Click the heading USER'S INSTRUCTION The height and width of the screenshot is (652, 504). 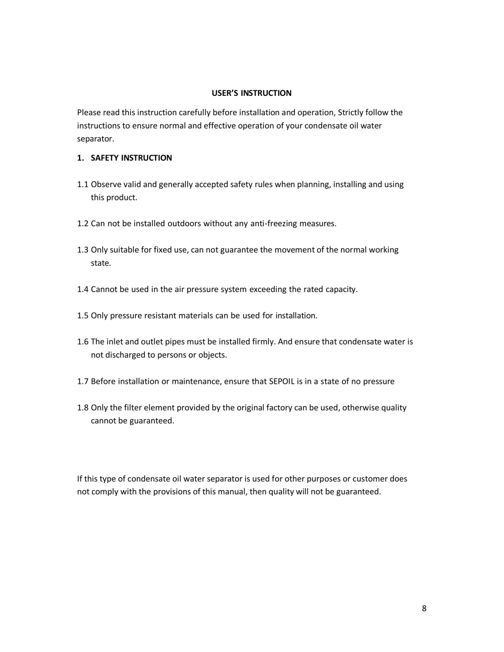tap(252, 93)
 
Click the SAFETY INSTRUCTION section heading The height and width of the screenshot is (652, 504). tap(131, 158)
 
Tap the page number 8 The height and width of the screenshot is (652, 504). tap(424, 608)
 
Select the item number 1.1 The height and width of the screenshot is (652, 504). tap(83, 184)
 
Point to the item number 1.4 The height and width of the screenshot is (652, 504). tap(83, 289)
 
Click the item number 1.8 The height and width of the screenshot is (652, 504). tap(83, 407)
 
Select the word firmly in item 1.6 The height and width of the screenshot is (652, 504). tap(263, 342)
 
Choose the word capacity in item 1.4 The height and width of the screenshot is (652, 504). tap(341, 289)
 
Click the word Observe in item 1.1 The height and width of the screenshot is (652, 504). tap(106, 184)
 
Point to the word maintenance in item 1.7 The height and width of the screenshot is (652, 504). tap(196, 381)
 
